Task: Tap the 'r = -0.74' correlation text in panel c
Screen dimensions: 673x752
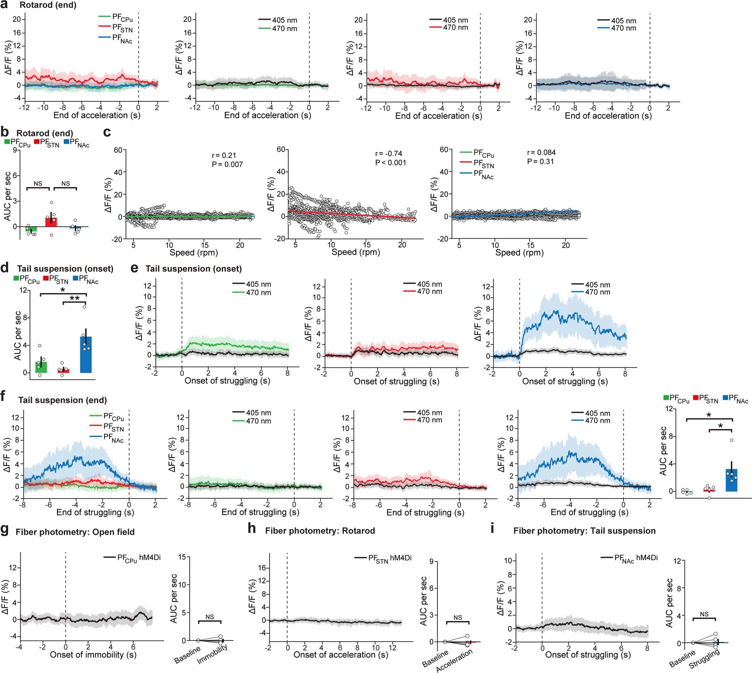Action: pos(388,154)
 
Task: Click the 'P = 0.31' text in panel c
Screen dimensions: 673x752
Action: pos(540,161)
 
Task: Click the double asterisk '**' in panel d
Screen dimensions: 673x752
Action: pos(74,298)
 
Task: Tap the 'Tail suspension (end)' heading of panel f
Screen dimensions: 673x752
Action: pos(63,400)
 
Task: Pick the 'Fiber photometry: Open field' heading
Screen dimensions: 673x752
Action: pos(75,532)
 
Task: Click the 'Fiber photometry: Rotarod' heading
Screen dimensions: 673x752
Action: pos(320,531)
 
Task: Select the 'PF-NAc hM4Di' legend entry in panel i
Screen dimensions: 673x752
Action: pos(636,558)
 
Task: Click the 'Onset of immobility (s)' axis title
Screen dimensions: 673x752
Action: pos(93,655)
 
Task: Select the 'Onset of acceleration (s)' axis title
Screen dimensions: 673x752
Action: pos(341,655)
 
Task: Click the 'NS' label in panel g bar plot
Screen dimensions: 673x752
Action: pos(209,617)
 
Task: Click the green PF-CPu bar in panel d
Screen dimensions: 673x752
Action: pos(41,367)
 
